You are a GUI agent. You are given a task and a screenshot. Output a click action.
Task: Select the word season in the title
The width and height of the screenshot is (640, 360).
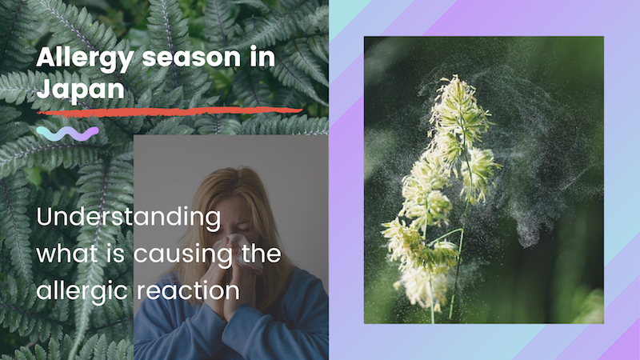coord(191,58)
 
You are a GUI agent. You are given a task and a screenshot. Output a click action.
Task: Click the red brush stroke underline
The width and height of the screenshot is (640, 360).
coord(170,111)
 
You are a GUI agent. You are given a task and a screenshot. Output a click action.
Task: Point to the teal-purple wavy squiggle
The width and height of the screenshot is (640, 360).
coord(68,134)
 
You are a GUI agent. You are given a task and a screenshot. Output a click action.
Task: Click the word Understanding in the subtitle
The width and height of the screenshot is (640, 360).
coord(129,218)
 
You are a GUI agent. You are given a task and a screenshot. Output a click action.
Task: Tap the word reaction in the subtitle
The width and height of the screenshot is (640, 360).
coord(188,291)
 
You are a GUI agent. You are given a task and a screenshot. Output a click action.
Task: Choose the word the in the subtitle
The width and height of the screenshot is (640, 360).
coord(262,254)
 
